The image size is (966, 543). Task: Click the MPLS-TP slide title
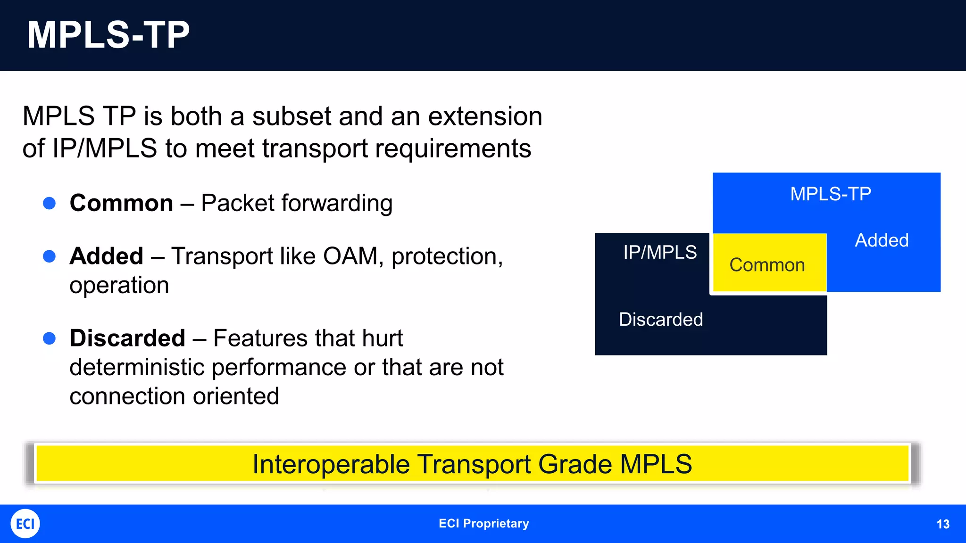pos(108,35)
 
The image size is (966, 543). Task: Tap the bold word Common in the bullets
pos(121,203)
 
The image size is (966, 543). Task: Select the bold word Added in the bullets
pos(106,256)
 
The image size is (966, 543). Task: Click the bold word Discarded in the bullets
pos(127,338)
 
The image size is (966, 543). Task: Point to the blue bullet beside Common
pos(50,203)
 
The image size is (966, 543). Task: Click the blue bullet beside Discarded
pos(50,338)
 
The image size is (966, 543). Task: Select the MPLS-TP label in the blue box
pos(830,194)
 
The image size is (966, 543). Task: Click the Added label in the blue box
pos(882,240)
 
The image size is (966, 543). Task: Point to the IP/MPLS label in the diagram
pos(659,253)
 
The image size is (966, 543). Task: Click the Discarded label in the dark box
pos(660,320)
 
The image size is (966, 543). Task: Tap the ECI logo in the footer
pos(25,524)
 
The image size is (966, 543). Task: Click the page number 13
pos(942,524)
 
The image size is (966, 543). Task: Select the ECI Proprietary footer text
pos(483,524)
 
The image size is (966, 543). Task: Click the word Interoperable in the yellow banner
pos(331,464)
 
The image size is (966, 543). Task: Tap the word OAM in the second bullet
pos(352,256)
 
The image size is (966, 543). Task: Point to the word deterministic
pos(137,367)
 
